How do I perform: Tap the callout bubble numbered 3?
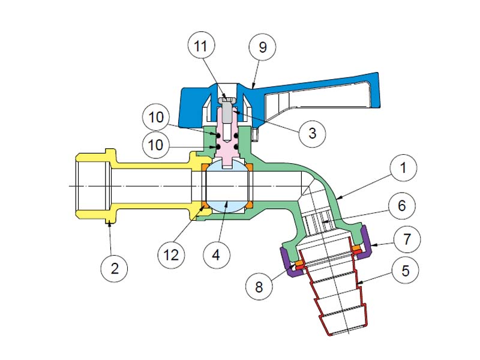(311, 133)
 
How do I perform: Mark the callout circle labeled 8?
(259, 286)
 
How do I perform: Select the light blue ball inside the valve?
(227, 187)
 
